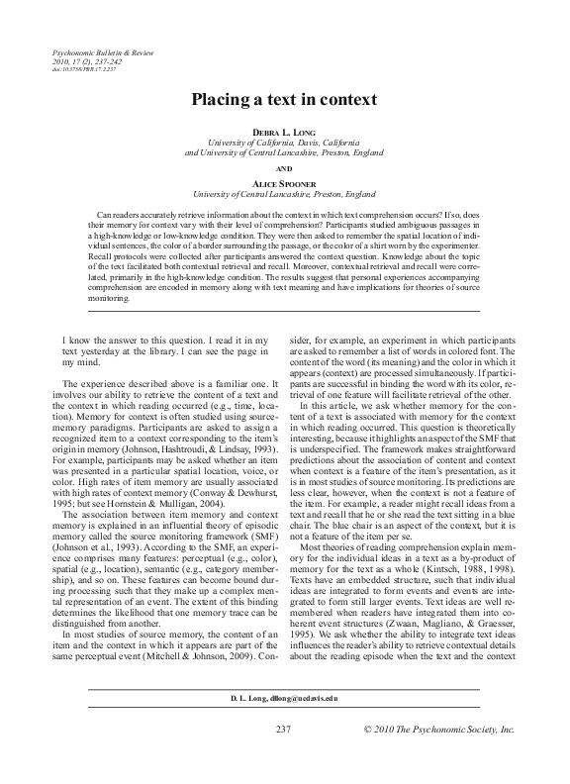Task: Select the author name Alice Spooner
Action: (x=284, y=185)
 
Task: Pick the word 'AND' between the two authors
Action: (x=284, y=168)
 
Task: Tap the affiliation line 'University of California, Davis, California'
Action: (x=284, y=143)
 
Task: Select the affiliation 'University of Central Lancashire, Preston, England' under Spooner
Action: (x=284, y=196)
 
